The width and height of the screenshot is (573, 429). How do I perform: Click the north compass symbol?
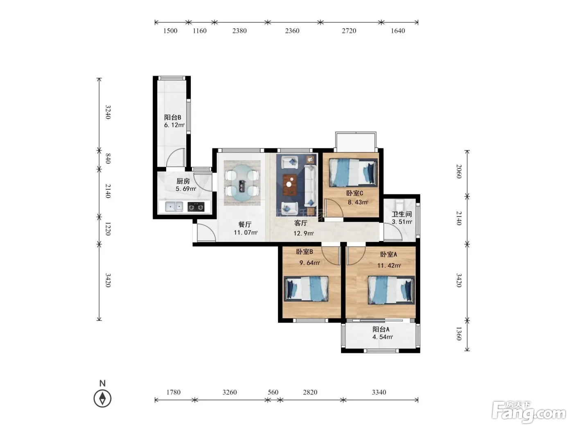102,398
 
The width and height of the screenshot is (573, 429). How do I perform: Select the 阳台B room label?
173,117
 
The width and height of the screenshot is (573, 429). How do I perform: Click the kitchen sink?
174,207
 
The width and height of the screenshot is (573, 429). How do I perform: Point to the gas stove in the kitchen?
196,207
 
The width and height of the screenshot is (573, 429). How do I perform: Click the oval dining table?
242,183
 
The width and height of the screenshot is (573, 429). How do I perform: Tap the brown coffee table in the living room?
290,185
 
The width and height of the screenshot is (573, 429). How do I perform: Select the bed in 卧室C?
353,173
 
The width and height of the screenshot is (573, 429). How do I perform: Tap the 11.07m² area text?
246,232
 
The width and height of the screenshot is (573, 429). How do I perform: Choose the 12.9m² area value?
303,233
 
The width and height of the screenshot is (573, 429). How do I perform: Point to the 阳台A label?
381,329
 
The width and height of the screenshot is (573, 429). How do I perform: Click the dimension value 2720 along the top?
349,31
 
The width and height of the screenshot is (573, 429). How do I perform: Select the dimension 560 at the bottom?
273,392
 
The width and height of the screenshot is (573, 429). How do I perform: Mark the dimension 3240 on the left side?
108,112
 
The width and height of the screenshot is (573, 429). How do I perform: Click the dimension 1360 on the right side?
459,334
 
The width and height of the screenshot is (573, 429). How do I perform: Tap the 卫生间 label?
402,214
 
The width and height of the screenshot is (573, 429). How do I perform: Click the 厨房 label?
183,181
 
